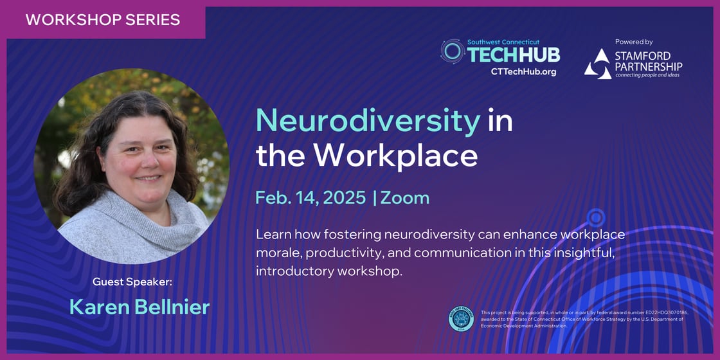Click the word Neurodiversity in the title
[x=368, y=120]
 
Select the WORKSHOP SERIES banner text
[x=103, y=19]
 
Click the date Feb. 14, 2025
[x=310, y=197]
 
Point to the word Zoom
[x=405, y=197]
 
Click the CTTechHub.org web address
[x=523, y=71]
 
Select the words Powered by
[x=633, y=41]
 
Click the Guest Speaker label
[x=132, y=282]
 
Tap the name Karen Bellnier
[x=139, y=307]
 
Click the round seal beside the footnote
[x=461, y=319]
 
